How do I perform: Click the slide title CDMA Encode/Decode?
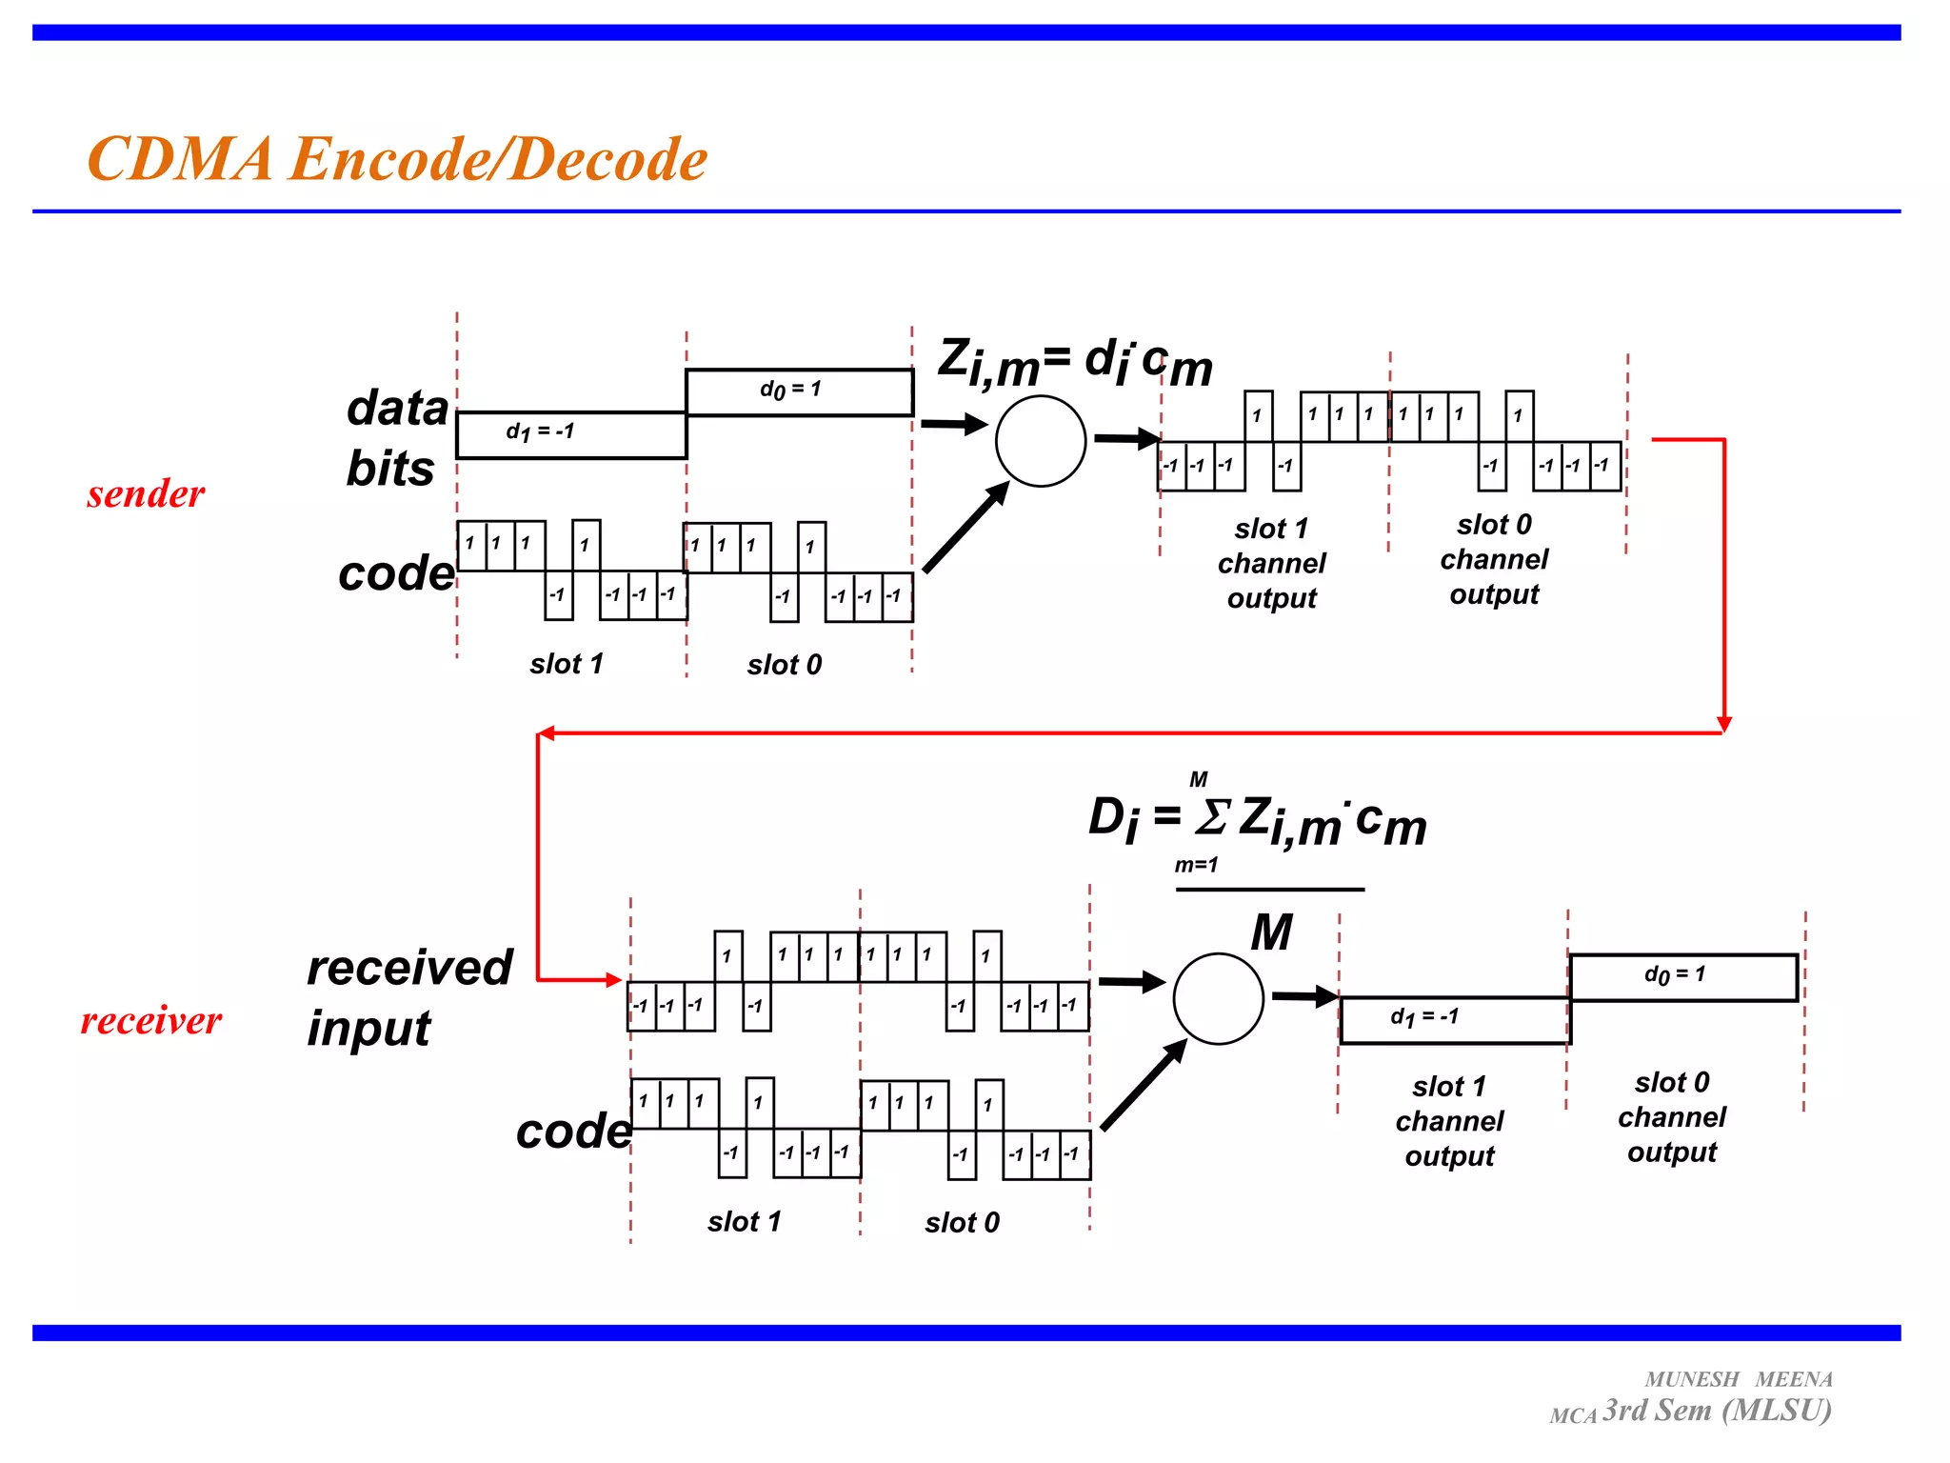pos(397,158)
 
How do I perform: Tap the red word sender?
pos(146,494)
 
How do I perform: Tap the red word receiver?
pos(150,1021)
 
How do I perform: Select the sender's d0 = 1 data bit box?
pos(799,392)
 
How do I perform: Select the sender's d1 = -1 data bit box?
pos(571,435)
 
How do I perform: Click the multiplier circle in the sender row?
pos(1041,441)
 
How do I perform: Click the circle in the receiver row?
pos(1218,998)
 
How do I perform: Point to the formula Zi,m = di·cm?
pos(1075,363)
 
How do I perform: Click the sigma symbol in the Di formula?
pos(1212,816)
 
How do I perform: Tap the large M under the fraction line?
pos(1271,932)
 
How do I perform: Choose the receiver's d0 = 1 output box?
pos(1683,977)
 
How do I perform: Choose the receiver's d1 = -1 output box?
pos(1454,1020)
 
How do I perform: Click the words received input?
pos(409,997)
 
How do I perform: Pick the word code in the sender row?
pos(396,573)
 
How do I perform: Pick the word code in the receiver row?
pos(574,1132)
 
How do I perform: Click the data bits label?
pos(396,438)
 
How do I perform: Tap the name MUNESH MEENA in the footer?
pos(1738,1379)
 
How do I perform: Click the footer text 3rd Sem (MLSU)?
pos(1717,1411)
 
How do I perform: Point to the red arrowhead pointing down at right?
pos(1723,725)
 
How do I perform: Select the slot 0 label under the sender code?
pos(784,665)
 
